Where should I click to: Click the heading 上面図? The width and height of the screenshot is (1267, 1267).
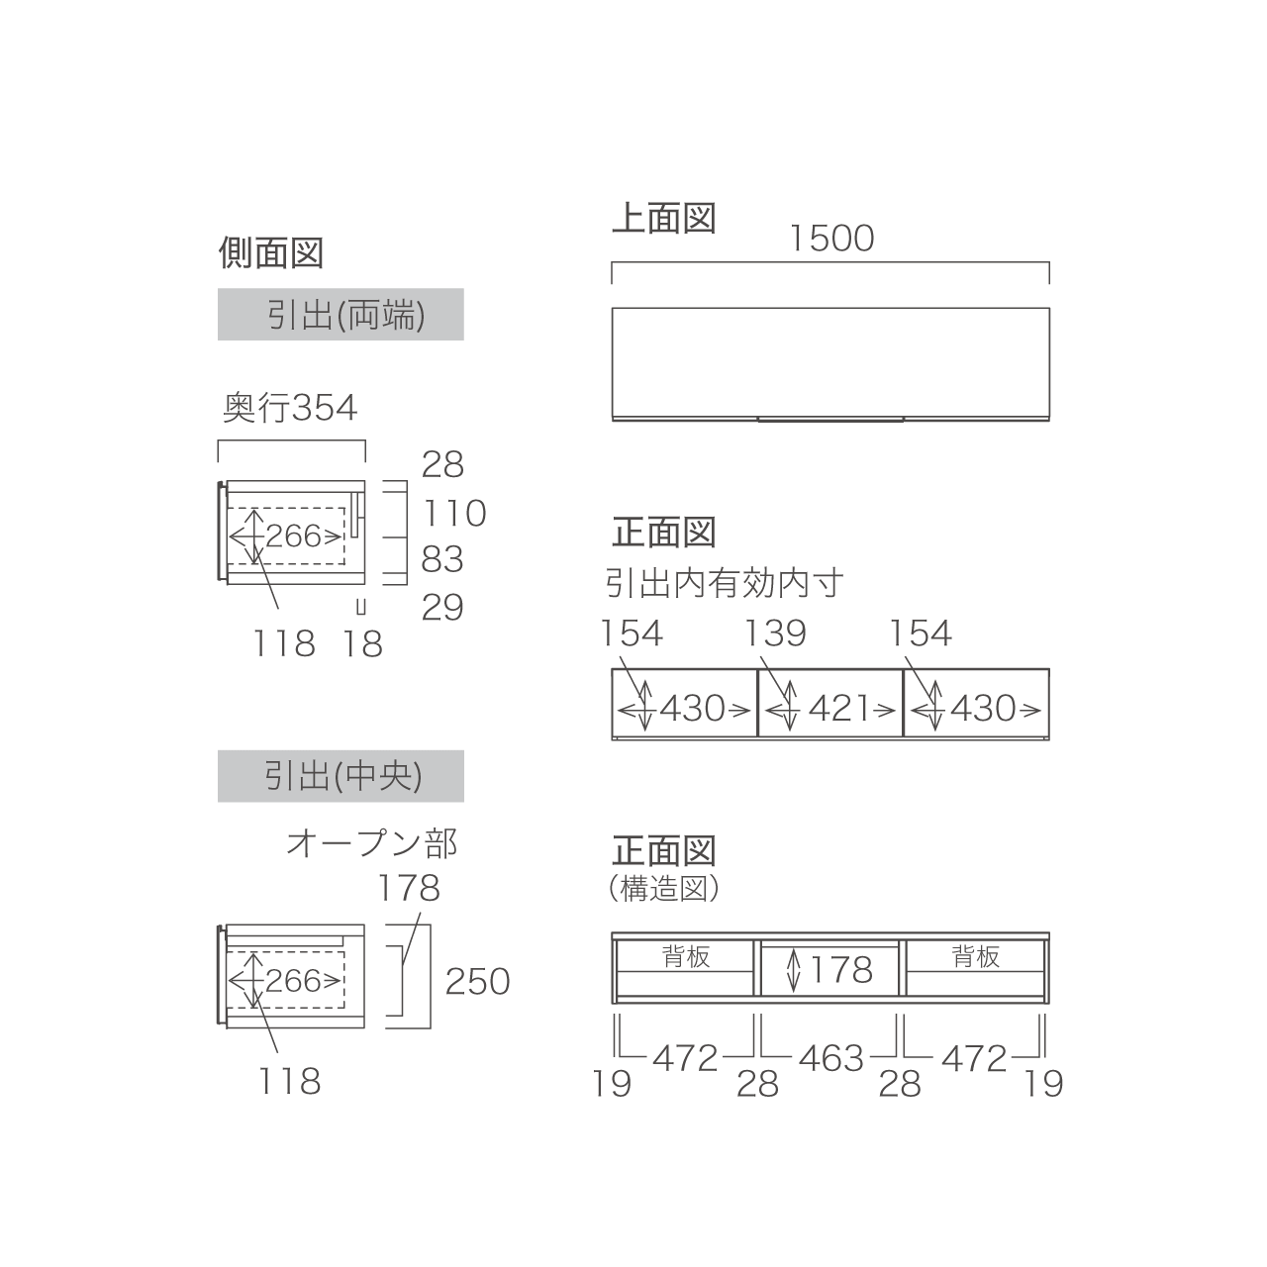click(x=663, y=218)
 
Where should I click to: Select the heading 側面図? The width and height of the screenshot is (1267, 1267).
click(x=271, y=253)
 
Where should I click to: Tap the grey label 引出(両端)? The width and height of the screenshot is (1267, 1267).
click(x=341, y=315)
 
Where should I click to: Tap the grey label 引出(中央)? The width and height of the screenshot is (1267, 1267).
click(x=341, y=776)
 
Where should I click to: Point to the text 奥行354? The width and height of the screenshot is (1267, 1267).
click(x=290, y=408)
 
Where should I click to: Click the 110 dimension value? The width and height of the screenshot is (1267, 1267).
click(x=454, y=513)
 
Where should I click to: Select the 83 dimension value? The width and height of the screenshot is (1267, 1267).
click(x=442, y=559)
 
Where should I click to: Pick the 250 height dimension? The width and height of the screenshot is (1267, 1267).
click(x=477, y=982)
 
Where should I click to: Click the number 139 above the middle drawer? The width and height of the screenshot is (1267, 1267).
click(x=775, y=633)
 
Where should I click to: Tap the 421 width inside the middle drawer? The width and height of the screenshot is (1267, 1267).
click(x=838, y=709)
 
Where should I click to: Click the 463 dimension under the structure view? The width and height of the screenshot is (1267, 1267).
click(x=831, y=1058)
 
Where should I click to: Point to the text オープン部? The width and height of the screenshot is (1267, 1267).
click(x=371, y=843)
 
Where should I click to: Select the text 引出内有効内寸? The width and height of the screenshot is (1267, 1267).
click(x=724, y=583)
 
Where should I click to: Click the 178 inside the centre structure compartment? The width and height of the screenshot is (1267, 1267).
click(x=841, y=970)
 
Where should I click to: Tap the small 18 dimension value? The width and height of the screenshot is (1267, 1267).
click(x=361, y=643)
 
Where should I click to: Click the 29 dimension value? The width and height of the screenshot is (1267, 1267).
click(x=442, y=608)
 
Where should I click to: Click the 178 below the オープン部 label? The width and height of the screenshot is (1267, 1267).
click(x=408, y=888)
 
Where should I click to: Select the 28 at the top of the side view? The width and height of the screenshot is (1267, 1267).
click(x=442, y=465)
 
